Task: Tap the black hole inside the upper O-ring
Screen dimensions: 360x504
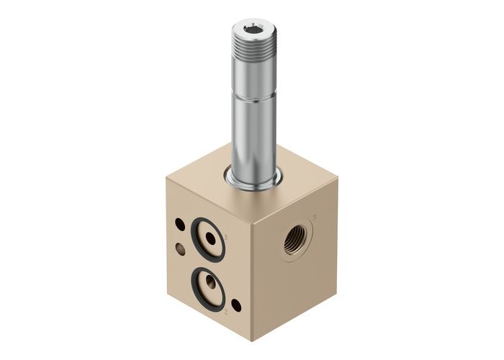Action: (x=210, y=238)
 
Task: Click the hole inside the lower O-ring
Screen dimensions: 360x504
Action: (x=207, y=282)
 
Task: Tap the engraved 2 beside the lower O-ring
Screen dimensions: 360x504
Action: (x=226, y=312)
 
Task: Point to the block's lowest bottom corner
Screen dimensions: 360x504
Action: (x=251, y=341)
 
